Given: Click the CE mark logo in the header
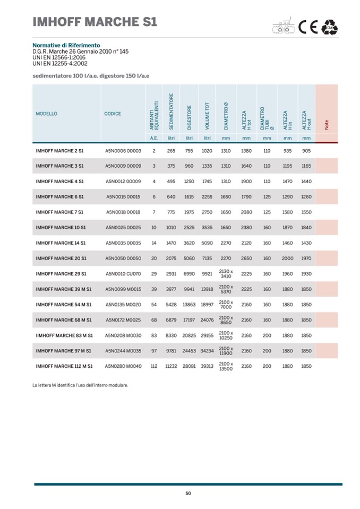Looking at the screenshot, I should (x=307, y=27).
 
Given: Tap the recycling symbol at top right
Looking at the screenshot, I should (x=330, y=27).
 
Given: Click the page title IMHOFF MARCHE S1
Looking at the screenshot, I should (x=95, y=22).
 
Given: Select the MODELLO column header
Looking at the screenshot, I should (x=46, y=114).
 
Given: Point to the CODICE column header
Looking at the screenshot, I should (x=113, y=114).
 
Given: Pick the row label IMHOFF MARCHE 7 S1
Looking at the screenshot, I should (x=59, y=212).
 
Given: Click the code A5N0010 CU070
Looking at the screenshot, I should (x=123, y=274).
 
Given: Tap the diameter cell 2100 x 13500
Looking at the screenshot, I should (x=226, y=366).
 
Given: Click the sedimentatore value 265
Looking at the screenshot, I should (x=171, y=151).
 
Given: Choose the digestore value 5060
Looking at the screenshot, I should (x=189, y=258).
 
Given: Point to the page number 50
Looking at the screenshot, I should (x=188, y=494).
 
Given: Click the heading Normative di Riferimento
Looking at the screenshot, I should (x=66, y=46).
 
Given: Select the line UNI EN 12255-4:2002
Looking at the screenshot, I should (x=60, y=63).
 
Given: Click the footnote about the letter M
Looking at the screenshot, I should (x=80, y=385).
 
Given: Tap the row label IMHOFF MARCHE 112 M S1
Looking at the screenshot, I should (x=64, y=366).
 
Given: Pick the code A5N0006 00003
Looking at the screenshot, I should (x=123, y=151).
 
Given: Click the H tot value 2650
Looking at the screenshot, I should (x=246, y=258).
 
